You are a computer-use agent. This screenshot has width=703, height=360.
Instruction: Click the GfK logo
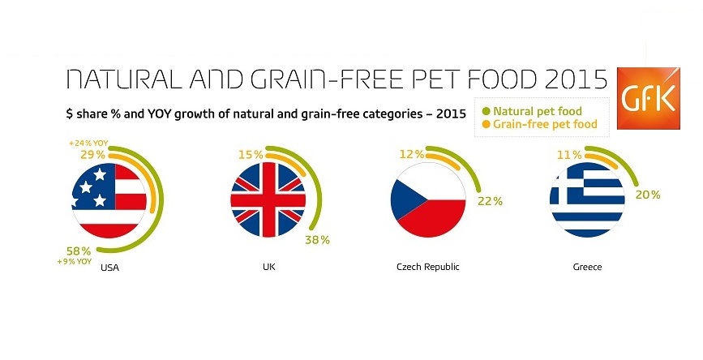click(649, 98)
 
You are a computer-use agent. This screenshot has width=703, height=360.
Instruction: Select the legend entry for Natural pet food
click(532, 111)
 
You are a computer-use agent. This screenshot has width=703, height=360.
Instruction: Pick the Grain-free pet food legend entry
click(540, 124)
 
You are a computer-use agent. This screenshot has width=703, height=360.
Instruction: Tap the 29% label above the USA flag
click(92, 155)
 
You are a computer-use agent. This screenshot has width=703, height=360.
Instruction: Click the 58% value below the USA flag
click(79, 251)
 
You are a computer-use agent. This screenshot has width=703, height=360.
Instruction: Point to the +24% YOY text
click(88, 144)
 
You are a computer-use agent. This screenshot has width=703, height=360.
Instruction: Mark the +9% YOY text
click(75, 261)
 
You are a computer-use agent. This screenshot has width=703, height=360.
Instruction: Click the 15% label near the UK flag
click(251, 155)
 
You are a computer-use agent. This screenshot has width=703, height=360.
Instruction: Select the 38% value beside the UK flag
click(317, 240)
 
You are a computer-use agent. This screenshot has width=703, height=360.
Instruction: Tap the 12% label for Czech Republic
click(412, 154)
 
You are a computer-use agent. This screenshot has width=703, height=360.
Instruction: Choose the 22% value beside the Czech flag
click(490, 201)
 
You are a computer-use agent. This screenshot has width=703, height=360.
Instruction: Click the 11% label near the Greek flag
click(569, 155)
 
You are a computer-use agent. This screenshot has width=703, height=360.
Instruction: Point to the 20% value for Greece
click(648, 195)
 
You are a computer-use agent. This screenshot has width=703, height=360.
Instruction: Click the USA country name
click(109, 268)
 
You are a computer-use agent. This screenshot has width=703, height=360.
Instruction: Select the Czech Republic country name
click(428, 268)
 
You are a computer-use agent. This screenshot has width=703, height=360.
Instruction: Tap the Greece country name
click(587, 268)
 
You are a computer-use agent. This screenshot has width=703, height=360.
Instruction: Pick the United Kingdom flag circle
click(268, 200)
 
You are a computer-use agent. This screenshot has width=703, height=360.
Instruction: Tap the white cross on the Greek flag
click(567, 185)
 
